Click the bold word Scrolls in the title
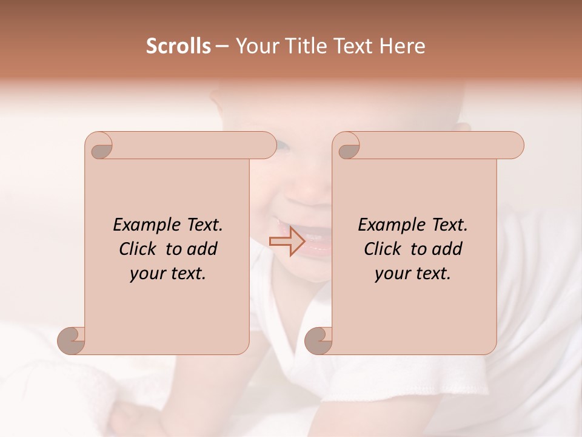(179, 46)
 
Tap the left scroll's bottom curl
(72, 340)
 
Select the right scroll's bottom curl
(319, 340)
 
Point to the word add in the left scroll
(202, 249)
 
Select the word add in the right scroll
(447, 249)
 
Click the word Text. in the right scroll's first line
(449, 225)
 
